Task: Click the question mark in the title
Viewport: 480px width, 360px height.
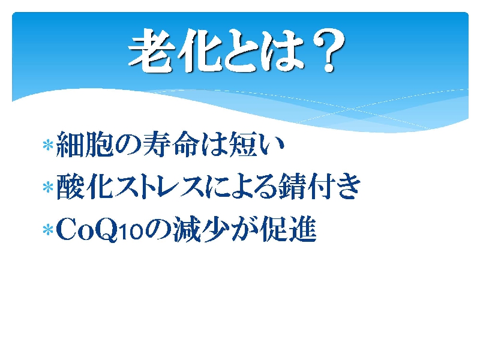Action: point(328,50)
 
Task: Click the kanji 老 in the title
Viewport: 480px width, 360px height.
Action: point(151,50)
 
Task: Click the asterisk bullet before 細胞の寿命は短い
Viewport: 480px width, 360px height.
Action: point(48,145)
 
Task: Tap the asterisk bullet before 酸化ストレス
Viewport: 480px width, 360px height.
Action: point(48,187)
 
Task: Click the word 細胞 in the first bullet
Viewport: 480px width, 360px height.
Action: point(85,144)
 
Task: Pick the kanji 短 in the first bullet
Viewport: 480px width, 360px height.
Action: point(244,144)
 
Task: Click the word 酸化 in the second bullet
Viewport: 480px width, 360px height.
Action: point(84,187)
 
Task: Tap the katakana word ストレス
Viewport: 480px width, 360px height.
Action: point(159,187)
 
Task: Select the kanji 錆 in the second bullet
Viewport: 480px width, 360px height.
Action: point(293,187)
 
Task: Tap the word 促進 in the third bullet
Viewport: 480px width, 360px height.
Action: point(288,229)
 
